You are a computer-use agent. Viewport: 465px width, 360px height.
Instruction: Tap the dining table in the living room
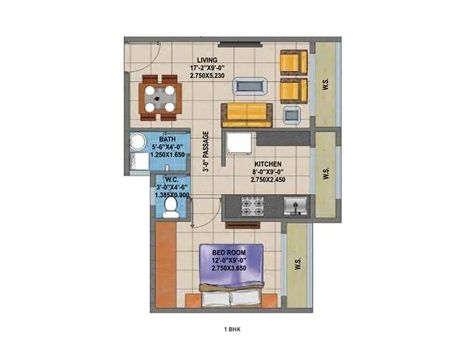point(159,97)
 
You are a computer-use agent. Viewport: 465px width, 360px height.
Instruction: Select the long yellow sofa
point(246,115)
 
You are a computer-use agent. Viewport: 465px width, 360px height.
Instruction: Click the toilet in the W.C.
point(170,206)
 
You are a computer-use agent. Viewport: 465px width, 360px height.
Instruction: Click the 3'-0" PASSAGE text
point(205,152)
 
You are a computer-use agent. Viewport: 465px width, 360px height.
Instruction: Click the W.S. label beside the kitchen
point(326,174)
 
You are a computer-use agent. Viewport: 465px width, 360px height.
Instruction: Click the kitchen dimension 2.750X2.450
point(268,181)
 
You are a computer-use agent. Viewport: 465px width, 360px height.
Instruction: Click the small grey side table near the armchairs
point(292,114)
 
